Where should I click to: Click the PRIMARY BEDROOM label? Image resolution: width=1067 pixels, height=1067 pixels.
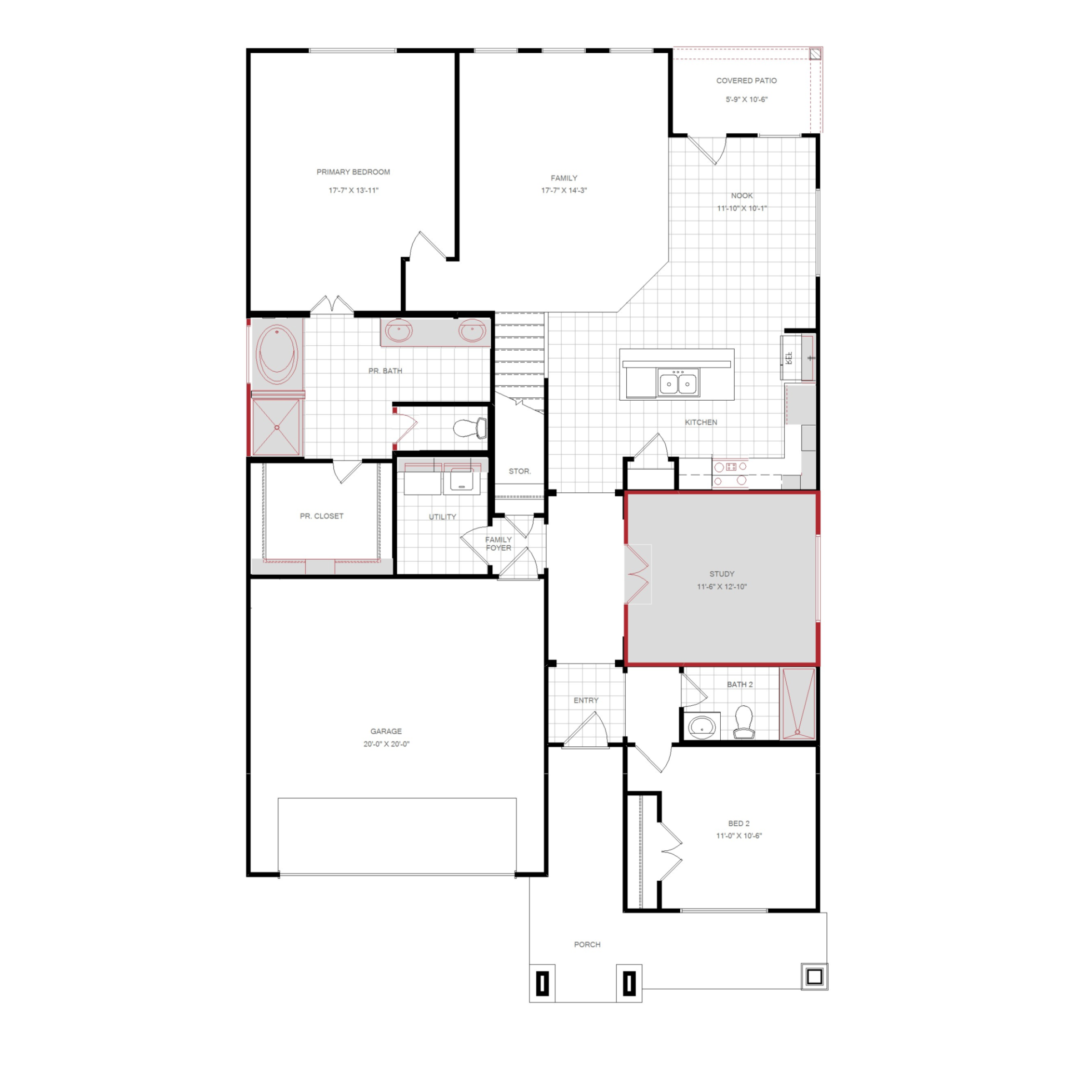pos(353,172)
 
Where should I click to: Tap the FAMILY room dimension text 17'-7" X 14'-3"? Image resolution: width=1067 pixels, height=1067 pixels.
pos(564,190)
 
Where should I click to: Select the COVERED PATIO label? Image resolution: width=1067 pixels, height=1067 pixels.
pos(746,81)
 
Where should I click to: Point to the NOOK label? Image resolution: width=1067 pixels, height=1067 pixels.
pos(742,196)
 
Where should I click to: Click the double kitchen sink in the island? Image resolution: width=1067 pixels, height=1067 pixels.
pos(678,383)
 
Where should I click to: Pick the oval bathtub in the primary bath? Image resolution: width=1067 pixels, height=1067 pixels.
pos(277,354)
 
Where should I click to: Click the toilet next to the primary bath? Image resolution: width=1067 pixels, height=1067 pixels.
pos(470,428)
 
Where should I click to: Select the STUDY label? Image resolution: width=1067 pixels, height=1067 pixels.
pos(722,574)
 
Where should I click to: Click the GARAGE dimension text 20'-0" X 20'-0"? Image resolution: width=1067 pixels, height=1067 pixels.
pos(386,744)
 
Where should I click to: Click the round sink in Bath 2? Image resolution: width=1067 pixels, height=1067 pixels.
pos(702,726)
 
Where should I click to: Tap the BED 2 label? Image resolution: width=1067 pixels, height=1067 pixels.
pos(739,823)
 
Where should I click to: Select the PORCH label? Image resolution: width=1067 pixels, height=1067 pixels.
pos(587,944)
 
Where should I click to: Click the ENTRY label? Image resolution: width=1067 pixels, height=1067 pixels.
pos(586,700)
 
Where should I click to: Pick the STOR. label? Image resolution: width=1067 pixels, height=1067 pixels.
pos(520,471)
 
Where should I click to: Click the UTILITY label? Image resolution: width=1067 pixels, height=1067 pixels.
pos(442,517)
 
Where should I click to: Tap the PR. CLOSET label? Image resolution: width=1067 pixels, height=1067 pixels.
pos(321,516)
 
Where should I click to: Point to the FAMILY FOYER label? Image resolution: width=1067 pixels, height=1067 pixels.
pos(498,544)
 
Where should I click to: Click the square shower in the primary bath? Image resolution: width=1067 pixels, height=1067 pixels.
pos(276,427)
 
